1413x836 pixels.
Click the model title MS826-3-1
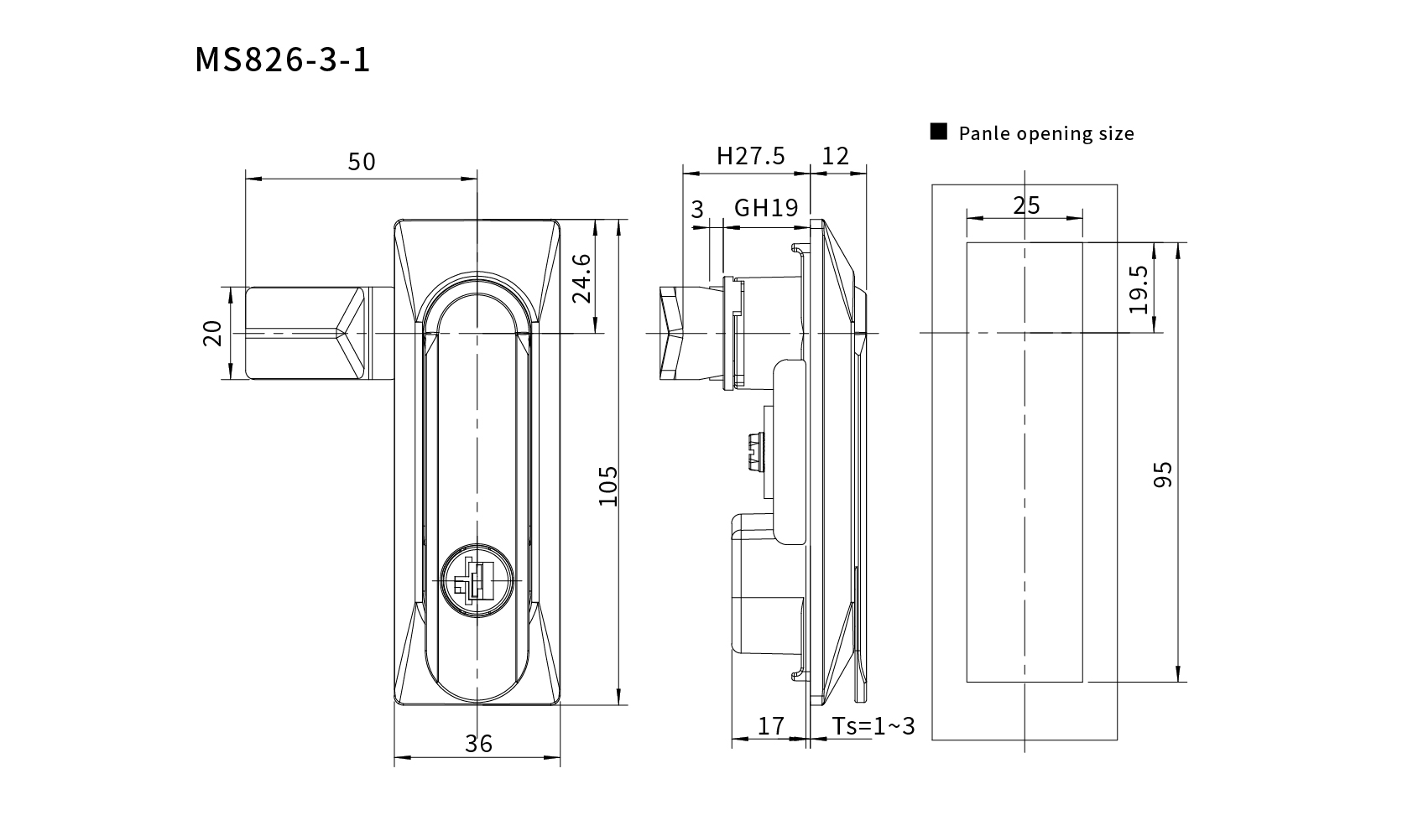[282, 60]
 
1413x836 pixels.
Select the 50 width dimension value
[362, 162]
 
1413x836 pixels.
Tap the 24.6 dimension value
[582, 278]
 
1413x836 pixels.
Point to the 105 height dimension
[608, 486]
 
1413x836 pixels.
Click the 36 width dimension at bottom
[478, 744]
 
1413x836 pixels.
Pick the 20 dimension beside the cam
[212, 334]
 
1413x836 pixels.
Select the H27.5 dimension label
[751, 156]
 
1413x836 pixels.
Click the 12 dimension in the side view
[836, 156]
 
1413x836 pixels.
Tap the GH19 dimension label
[766, 207]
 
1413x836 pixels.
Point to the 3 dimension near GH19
[697, 210]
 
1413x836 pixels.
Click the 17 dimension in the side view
[771, 726]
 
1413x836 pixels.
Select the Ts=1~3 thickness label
[873, 726]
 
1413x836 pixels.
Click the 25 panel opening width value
[1026, 205]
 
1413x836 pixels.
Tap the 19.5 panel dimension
[1139, 289]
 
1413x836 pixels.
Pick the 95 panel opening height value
[1163, 475]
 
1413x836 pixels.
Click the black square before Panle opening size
[939, 131]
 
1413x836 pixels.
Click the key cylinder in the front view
[477, 580]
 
